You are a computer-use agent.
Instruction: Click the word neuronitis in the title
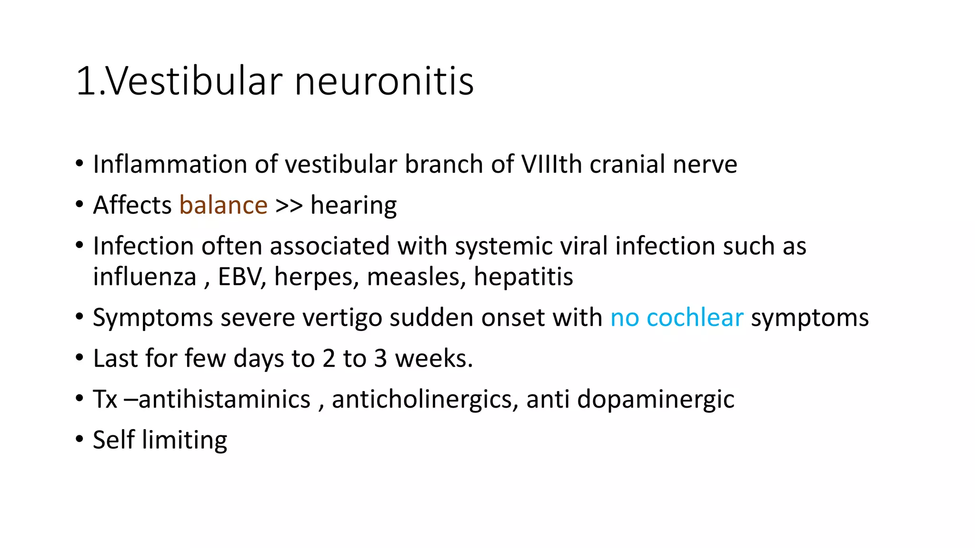[384, 81]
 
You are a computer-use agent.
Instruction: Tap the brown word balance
[223, 205]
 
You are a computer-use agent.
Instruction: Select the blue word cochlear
[695, 318]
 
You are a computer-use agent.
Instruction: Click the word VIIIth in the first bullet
[552, 165]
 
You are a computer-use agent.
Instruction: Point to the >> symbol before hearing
[289, 205]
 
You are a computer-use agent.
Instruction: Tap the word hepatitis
[523, 277]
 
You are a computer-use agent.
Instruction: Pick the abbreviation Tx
[105, 399]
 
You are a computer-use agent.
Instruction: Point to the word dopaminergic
[656, 399]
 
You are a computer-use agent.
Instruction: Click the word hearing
[353, 205]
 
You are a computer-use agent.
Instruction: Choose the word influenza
[144, 277]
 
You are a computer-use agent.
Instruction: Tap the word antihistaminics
[224, 399]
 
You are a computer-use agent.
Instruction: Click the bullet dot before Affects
[79, 205]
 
